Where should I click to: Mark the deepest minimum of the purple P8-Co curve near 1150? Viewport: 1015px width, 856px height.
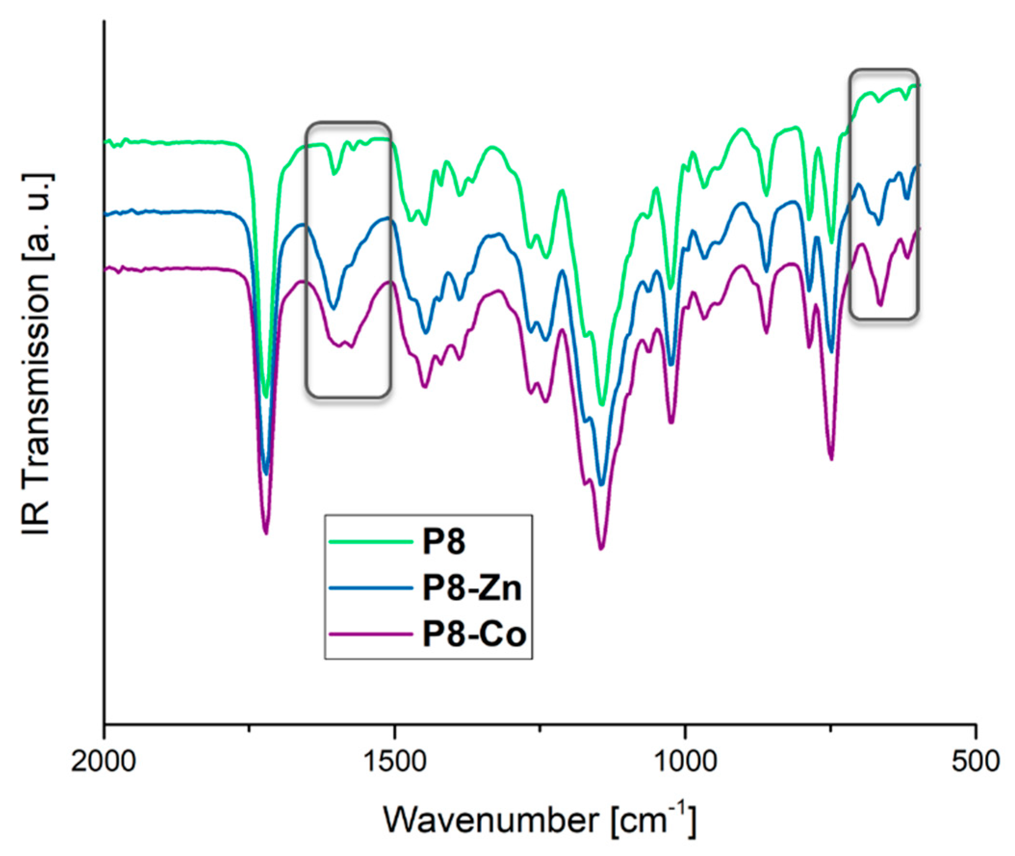click(601, 549)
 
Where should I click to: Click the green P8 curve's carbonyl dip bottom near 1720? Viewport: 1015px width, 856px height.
click(266, 397)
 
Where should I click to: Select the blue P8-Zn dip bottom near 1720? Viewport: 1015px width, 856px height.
click(266, 473)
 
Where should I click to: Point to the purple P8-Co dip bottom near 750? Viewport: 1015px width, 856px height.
click(831, 459)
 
